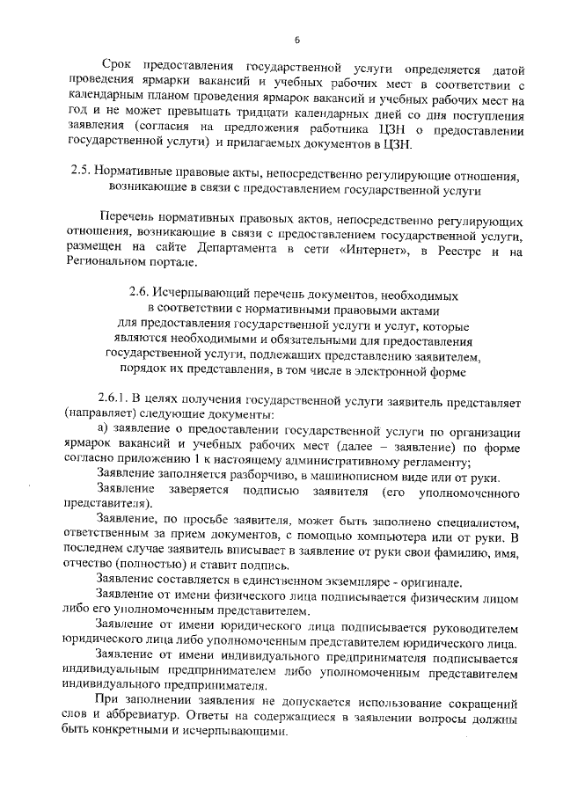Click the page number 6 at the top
pyautogui.click(x=297, y=40)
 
